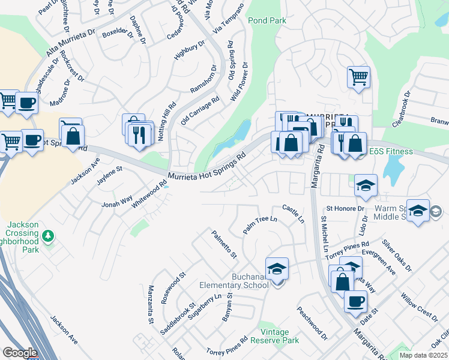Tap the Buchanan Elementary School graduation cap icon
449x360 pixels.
click(x=277, y=269)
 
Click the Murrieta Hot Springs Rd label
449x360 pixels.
click(x=208, y=167)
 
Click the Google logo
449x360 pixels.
click(x=20, y=352)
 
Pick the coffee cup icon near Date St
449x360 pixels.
click(x=356, y=301)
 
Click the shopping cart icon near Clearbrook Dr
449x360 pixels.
click(x=358, y=77)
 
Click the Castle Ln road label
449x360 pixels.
click(x=294, y=214)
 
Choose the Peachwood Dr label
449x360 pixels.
click(x=312, y=324)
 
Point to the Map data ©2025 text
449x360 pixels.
click(x=423, y=355)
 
